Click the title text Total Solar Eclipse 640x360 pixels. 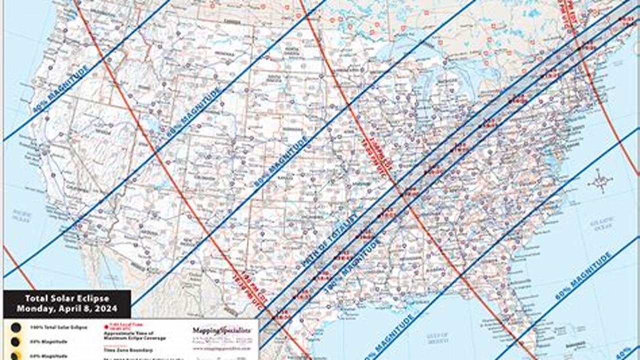pos(67,298)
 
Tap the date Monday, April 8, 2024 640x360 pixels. pos(67,309)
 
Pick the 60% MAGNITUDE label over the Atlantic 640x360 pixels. pos(583,275)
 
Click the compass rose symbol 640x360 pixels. pos(600,181)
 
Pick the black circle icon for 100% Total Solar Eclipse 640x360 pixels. pos(16,327)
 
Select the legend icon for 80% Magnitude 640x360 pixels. pos(16,342)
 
